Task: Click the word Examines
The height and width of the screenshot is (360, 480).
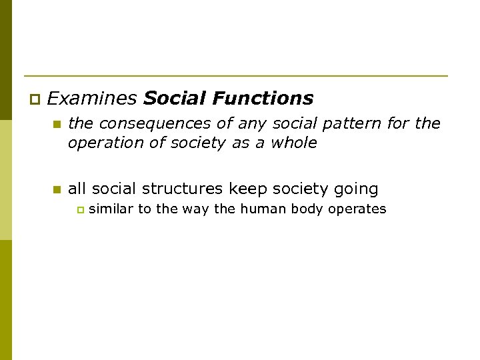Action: click(92, 99)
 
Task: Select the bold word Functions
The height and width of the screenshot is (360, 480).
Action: click(263, 99)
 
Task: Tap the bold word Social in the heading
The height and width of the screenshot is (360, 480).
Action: click(175, 99)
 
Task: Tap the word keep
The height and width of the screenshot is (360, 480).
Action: click(249, 189)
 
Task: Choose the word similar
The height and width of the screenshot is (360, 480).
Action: click(111, 209)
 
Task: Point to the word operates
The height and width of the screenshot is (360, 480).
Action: click(359, 210)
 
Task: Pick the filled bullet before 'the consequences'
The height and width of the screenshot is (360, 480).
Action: click(57, 124)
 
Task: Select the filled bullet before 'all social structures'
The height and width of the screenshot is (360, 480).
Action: click(57, 190)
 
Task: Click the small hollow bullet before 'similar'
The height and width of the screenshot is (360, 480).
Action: click(80, 210)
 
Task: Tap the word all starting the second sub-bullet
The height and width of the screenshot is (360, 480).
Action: click(77, 189)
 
